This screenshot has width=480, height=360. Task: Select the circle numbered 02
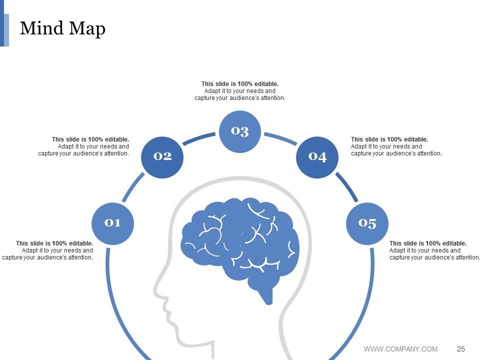pyautogui.click(x=162, y=156)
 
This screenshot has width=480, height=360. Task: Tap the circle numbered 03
pyautogui.click(x=240, y=131)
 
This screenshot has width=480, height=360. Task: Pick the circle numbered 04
pyautogui.click(x=318, y=157)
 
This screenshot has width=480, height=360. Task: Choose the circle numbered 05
pyautogui.click(x=367, y=223)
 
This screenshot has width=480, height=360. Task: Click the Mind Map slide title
pyautogui.click(x=62, y=28)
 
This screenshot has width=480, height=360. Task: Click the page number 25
pyautogui.click(x=461, y=349)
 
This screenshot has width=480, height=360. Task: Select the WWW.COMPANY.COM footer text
pyautogui.click(x=400, y=349)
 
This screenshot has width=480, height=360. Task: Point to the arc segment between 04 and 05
pyautogui.click(x=347, y=188)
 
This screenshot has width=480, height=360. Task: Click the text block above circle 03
pyautogui.click(x=240, y=91)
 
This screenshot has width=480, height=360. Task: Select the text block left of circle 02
pyautogui.click(x=84, y=146)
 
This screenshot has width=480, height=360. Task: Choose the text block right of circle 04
pyautogui.click(x=396, y=146)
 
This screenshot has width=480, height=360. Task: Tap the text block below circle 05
pyautogui.click(x=434, y=250)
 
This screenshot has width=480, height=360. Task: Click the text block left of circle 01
pyautogui.click(x=48, y=250)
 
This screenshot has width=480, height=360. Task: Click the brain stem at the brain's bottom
pyautogui.click(x=267, y=295)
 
